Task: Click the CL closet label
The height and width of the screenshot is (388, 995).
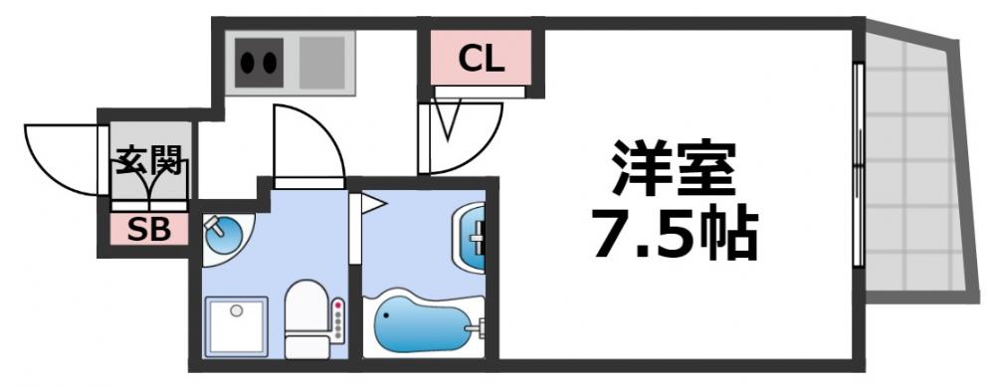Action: coord(481,60)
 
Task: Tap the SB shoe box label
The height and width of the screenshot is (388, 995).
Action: coord(147,230)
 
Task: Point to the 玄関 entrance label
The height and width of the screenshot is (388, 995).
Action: coord(148,159)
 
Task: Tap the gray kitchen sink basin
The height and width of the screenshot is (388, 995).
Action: coord(320,63)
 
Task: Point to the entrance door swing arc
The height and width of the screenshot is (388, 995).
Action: coord(60,159)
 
